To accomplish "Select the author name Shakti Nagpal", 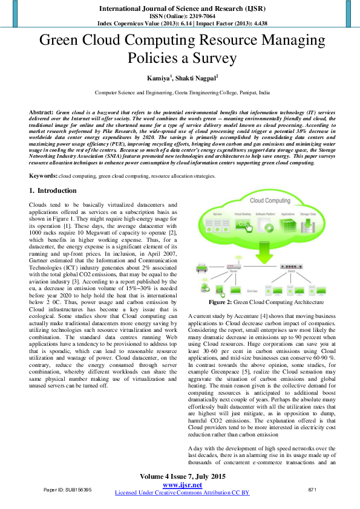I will click(x=197, y=78).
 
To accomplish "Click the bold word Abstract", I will click(x=41, y=113).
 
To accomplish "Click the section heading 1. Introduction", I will click(x=53, y=191).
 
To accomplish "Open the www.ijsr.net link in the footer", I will click(x=182, y=484).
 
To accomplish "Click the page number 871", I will click(x=313, y=489).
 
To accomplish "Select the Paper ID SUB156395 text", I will click(x=67, y=489).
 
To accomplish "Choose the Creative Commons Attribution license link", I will click(x=182, y=493).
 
